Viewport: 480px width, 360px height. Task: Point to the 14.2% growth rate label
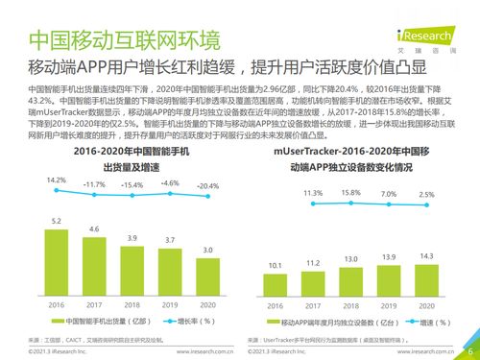coord(57,180)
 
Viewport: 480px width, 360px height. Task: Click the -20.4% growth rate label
coord(207,186)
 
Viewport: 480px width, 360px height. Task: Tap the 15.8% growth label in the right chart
coord(350,193)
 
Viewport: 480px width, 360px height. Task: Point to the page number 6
coord(468,337)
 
